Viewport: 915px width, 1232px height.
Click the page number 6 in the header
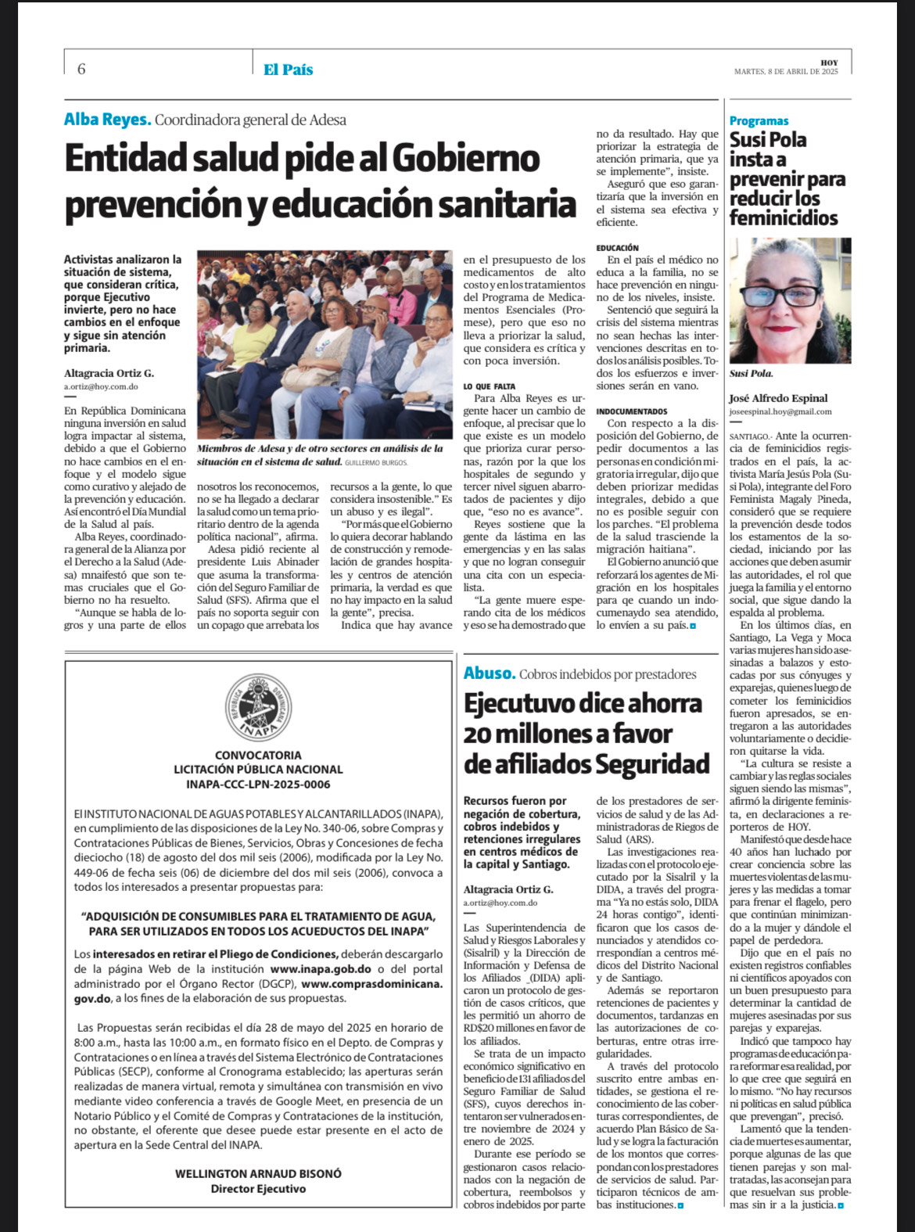81,69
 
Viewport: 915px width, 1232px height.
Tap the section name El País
288,70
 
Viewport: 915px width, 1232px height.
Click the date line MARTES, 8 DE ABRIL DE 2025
786,72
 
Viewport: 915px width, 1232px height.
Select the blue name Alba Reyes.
107,120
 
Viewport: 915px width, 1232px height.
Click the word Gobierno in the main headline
465,159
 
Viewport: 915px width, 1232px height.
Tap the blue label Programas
759,120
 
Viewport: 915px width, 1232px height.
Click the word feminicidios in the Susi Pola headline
784,218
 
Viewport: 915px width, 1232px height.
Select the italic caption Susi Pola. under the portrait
751,374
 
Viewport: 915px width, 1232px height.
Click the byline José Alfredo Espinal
778,398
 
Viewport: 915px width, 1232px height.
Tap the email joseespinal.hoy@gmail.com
780,411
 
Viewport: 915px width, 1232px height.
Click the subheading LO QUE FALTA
489,386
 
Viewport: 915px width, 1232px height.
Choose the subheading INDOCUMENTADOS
632,411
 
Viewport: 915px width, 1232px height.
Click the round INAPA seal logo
258,706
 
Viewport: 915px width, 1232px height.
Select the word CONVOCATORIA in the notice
258,756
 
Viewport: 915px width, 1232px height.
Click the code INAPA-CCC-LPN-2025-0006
258,784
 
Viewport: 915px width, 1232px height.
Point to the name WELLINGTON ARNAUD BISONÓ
258,1174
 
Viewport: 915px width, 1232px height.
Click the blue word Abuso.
490,673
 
